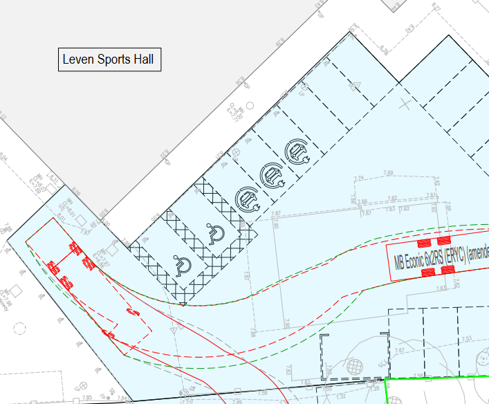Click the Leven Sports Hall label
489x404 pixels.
coord(109,59)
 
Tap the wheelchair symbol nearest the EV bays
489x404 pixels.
coord(214,235)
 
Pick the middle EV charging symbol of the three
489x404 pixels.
coord(272,176)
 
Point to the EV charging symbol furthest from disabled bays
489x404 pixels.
coord(297,151)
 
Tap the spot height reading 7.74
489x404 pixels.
coord(358,179)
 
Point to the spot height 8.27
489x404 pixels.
coord(436,8)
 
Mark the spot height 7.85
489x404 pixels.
coord(87,398)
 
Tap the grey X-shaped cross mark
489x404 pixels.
coord(405,104)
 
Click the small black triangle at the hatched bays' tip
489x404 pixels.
coord(183,304)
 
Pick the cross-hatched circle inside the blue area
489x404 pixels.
coord(354,365)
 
